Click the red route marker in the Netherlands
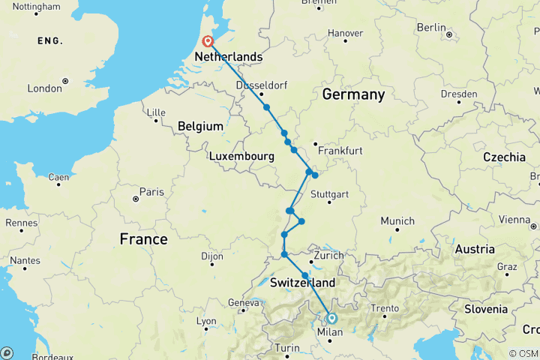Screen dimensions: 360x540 [206, 42]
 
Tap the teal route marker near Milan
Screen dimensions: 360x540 [331, 318]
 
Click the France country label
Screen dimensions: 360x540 [143, 239]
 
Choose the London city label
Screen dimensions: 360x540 [44, 88]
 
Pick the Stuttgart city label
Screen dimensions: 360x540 [331, 194]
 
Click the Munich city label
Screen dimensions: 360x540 [397, 220]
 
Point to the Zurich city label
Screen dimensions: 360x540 [329, 256]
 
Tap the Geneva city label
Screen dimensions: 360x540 [244, 302]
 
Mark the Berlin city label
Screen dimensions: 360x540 [431, 27]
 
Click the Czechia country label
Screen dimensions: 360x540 [504, 157]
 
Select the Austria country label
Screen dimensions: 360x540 [475, 249]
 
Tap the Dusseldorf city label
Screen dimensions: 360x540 [261, 85]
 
